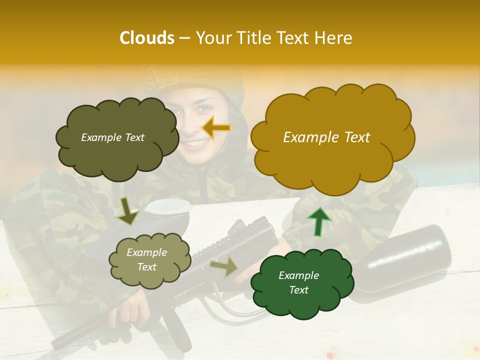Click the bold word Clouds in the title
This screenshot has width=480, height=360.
(x=146, y=38)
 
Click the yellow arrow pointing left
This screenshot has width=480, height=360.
(x=216, y=128)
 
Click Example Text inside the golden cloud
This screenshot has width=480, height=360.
(x=326, y=137)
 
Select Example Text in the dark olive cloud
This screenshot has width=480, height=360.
(x=112, y=137)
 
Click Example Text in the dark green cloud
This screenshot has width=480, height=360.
(x=298, y=282)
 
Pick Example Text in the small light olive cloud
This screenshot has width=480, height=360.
(x=146, y=260)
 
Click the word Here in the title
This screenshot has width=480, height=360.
(x=333, y=38)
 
